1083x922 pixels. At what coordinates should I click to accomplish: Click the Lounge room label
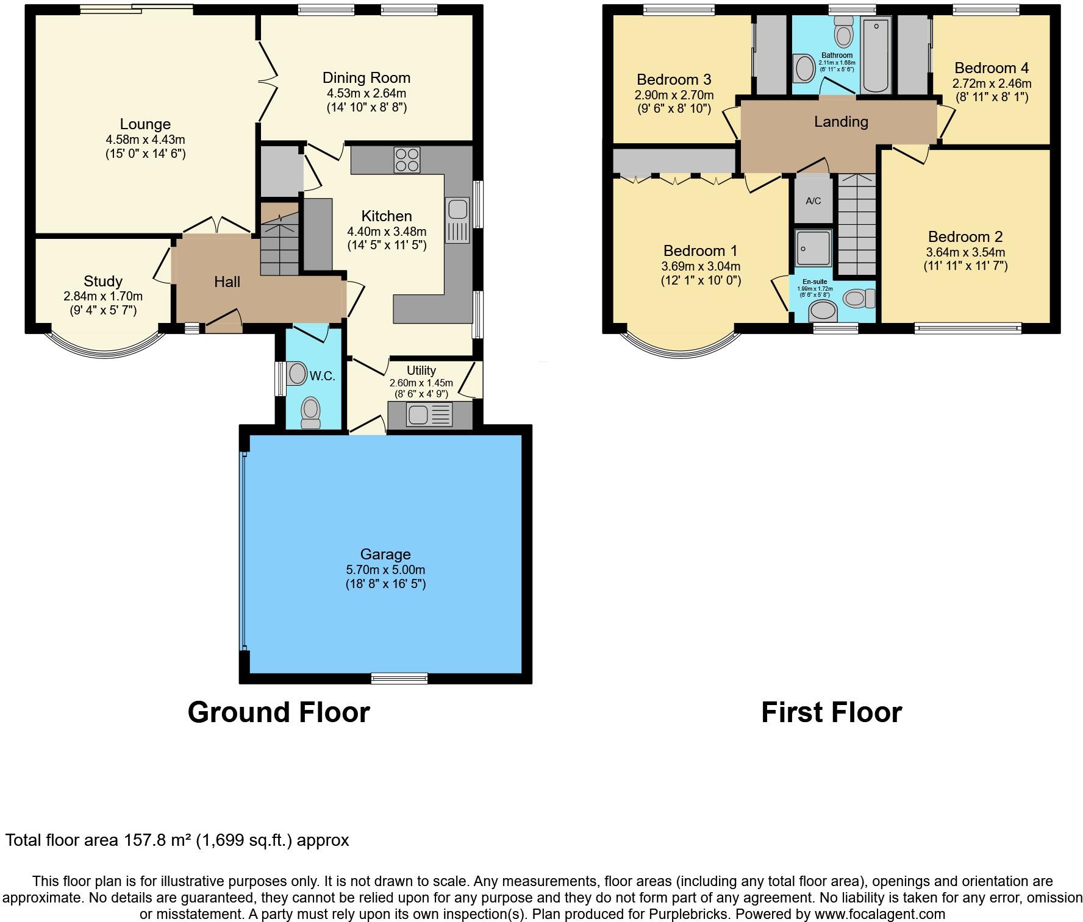145,124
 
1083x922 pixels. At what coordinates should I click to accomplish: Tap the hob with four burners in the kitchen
407,160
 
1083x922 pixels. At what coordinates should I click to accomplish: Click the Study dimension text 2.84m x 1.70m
102,296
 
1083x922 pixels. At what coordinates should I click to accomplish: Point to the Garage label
385,554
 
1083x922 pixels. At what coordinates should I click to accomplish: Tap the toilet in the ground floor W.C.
311,413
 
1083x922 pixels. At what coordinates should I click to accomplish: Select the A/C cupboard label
813,201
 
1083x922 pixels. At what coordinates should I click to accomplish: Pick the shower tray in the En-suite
813,247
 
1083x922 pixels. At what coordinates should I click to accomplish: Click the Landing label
841,121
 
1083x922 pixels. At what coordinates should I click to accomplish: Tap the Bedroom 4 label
992,68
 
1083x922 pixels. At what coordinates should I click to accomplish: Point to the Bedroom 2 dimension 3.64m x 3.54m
965,252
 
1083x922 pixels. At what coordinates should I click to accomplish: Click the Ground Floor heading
278,712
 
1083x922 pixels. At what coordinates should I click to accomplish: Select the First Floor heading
831,712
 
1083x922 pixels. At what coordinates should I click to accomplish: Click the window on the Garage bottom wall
399,677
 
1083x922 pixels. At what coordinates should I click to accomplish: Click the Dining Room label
366,77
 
